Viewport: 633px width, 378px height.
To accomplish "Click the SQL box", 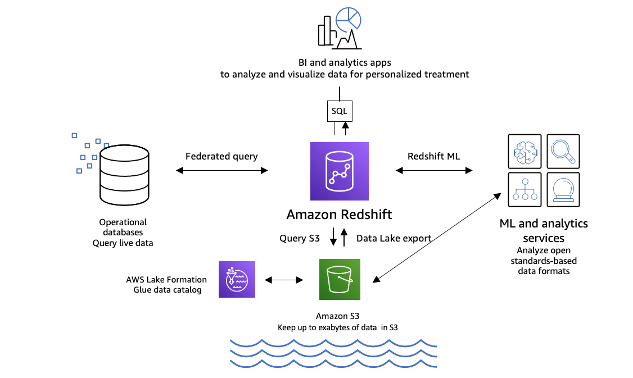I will point(339,111).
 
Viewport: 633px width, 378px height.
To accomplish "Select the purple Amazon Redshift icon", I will point(340,171).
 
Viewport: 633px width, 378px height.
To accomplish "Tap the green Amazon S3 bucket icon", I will point(340,279).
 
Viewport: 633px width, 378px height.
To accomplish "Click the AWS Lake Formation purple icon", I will point(237,279).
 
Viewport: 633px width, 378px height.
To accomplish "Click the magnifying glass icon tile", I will point(563,151).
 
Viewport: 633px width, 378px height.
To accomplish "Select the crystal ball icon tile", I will point(563,190).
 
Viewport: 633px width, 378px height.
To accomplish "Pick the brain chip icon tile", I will point(525,151).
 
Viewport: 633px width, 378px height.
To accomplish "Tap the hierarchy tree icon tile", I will point(525,190).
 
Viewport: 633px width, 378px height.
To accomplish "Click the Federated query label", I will point(221,156).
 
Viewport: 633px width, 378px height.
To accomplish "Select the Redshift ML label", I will point(433,156).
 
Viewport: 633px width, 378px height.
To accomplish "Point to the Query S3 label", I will point(300,238).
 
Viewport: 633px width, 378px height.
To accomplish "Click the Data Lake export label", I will point(394,238).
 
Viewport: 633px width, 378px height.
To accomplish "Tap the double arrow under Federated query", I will point(221,170).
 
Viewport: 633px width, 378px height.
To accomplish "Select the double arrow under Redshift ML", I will point(434,170).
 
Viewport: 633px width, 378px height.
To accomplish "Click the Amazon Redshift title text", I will point(339,215).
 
